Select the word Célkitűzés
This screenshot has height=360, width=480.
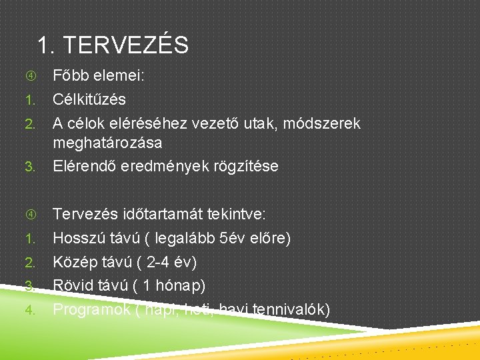click(89, 100)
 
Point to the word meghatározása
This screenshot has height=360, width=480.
click(107, 143)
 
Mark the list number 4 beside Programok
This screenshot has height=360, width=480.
click(29, 310)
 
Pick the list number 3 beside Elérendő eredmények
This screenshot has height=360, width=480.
click(29, 167)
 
